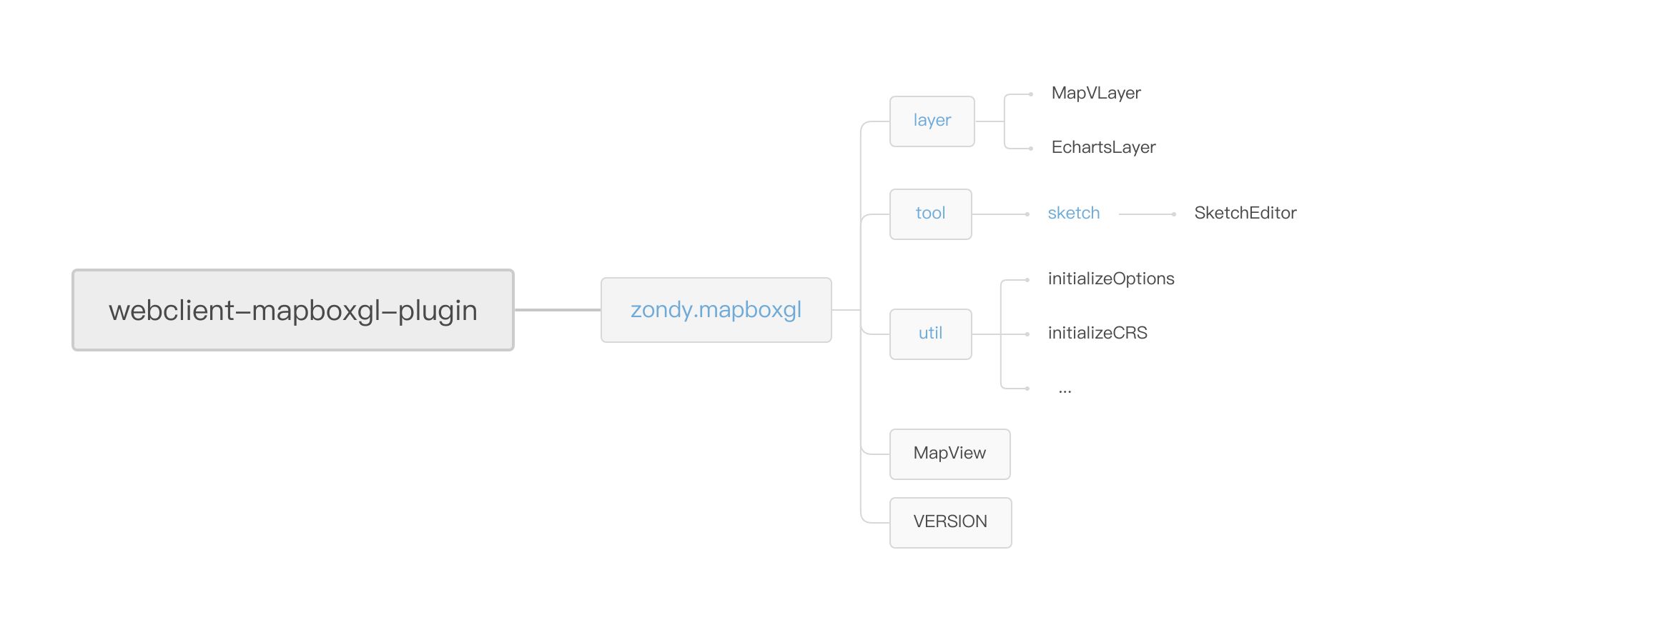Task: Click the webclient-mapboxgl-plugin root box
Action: click(x=293, y=310)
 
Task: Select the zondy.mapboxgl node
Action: click(x=716, y=310)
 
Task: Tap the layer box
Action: click(x=932, y=121)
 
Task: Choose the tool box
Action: click(x=931, y=214)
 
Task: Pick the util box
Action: click(x=931, y=334)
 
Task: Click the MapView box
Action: click(x=950, y=454)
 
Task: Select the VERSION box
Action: click(x=951, y=523)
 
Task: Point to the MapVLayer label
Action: click(x=1096, y=94)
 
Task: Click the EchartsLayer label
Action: click(x=1103, y=148)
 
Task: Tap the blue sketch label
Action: click(x=1074, y=213)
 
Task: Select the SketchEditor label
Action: click(x=1245, y=213)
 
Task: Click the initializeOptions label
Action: click(x=1111, y=279)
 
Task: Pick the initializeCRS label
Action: click(x=1097, y=333)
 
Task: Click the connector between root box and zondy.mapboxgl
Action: click(x=558, y=310)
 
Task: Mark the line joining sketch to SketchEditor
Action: click(x=1146, y=214)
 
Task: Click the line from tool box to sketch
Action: click(x=999, y=214)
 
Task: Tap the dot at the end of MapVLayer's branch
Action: click(x=1030, y=94)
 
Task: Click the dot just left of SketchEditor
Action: click(x=1174, y=214)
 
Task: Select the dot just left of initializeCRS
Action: click(x=1027, y=334)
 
